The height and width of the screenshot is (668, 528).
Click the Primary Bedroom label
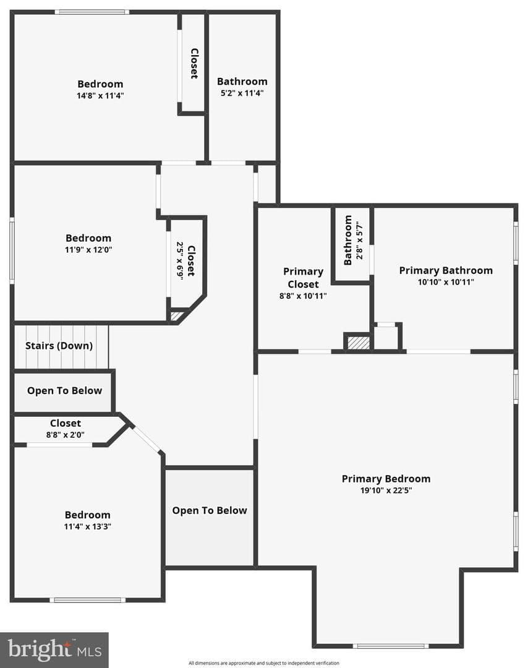[x=386, y=479]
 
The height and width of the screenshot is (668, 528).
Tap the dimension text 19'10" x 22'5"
[x=386, y=490]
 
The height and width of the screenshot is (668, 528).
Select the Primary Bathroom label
[x=446, y=270]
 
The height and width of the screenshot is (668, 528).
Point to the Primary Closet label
[x=303, y=277]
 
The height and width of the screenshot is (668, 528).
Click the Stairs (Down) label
[x=59, y=346]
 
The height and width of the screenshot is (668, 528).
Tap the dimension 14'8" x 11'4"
[x=100, y=95]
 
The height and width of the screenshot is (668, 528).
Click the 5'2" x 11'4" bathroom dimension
[x=242, y=93]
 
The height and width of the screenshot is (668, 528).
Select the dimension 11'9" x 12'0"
[x=88, y=250]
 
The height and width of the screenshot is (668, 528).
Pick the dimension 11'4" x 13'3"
[x=87, y=526]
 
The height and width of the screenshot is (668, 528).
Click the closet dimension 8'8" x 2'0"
[x=65, y=435]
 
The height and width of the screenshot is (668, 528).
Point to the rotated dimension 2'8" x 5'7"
[x=360, y=240]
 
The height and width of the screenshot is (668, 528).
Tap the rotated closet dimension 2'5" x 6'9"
[x=180, y=261]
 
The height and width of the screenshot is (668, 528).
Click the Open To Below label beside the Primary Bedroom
[x=210, y=510]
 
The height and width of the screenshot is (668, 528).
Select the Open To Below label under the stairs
[x=65, y=391]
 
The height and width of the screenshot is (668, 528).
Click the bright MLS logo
[x=54, y=650]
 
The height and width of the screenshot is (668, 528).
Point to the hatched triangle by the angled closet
[x=176, y=317]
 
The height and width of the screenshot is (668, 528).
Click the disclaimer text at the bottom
[x=264, y=663]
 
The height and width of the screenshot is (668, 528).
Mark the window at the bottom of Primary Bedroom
[x=391, y=646]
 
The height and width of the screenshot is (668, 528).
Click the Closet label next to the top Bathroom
[x=194, y=64]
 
